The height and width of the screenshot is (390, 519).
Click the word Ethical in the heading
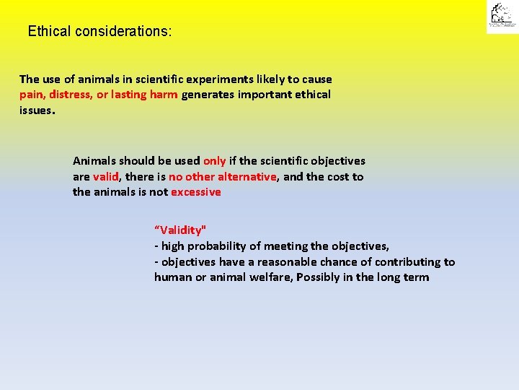[48, 32]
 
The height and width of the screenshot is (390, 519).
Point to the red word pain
[32, 95]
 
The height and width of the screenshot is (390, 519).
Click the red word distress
[71, 95]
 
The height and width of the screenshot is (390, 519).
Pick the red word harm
[164, 95]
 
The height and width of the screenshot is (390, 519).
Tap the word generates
[210, 95]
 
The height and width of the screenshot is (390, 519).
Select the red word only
[214, 161]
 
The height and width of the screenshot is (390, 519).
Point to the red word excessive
[195, 192]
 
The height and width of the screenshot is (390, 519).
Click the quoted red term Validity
[180, 230]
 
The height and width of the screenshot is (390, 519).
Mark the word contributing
[401, 262]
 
